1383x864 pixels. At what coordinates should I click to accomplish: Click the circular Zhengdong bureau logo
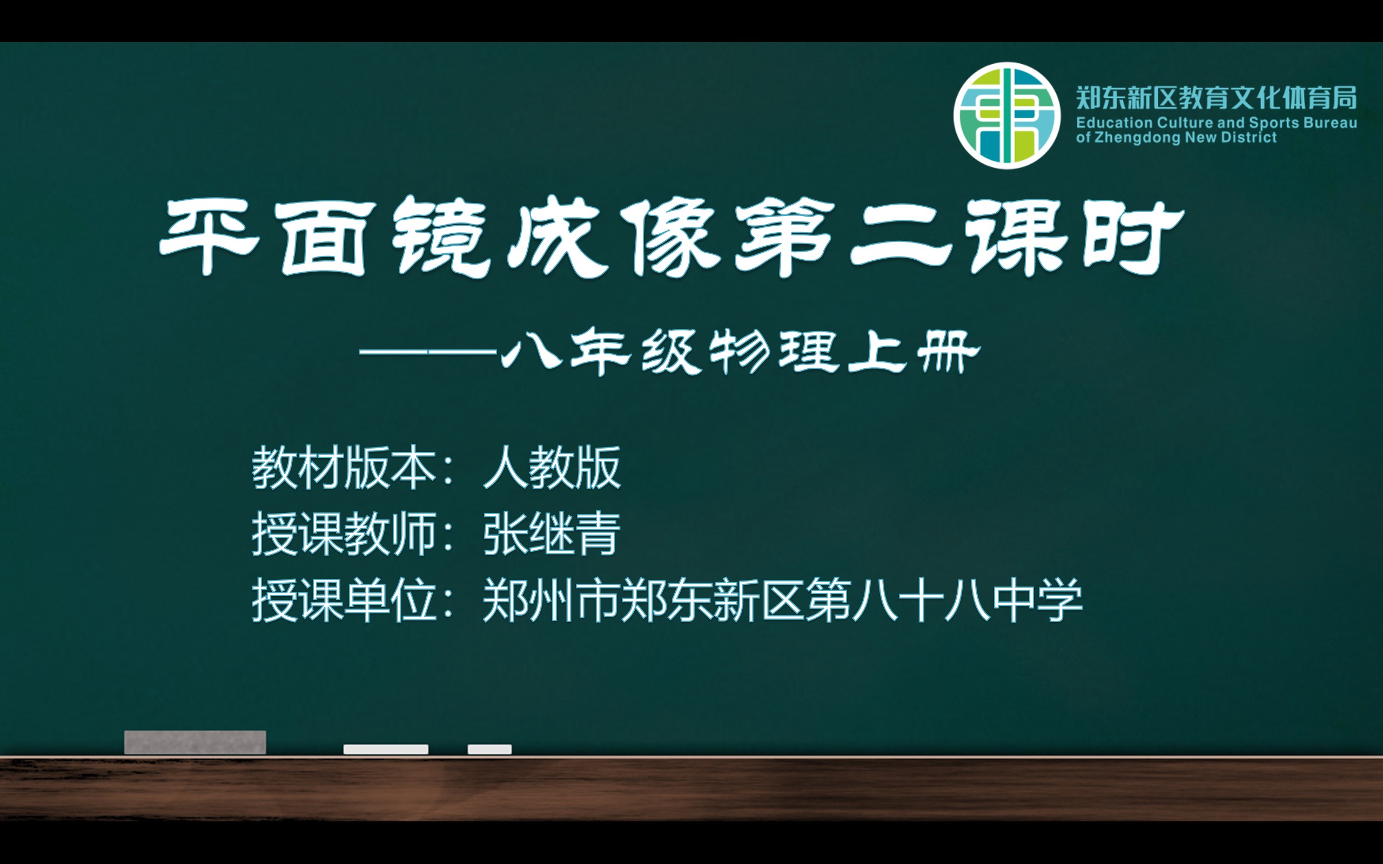[1007, 116]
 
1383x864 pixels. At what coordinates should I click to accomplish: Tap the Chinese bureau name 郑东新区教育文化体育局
[1217, 98]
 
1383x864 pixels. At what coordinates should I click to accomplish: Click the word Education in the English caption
[1114, 123]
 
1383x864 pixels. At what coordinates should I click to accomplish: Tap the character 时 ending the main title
[1133, 237]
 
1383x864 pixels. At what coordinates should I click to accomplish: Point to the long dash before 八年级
[428, 352]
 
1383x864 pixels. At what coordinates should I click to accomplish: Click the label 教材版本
[344, 468]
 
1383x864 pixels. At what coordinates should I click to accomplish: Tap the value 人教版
[552, 468]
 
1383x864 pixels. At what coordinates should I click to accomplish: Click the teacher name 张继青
[552, 534]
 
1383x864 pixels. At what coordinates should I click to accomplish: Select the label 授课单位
[344, 600]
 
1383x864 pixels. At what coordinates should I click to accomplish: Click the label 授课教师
[344, 534]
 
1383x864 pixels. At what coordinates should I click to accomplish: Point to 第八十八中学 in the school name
[945, 600]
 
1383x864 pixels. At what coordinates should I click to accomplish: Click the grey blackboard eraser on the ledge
[195, 742]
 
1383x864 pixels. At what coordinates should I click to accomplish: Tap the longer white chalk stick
[386, 749]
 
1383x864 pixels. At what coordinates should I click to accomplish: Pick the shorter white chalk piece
[490, 749]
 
